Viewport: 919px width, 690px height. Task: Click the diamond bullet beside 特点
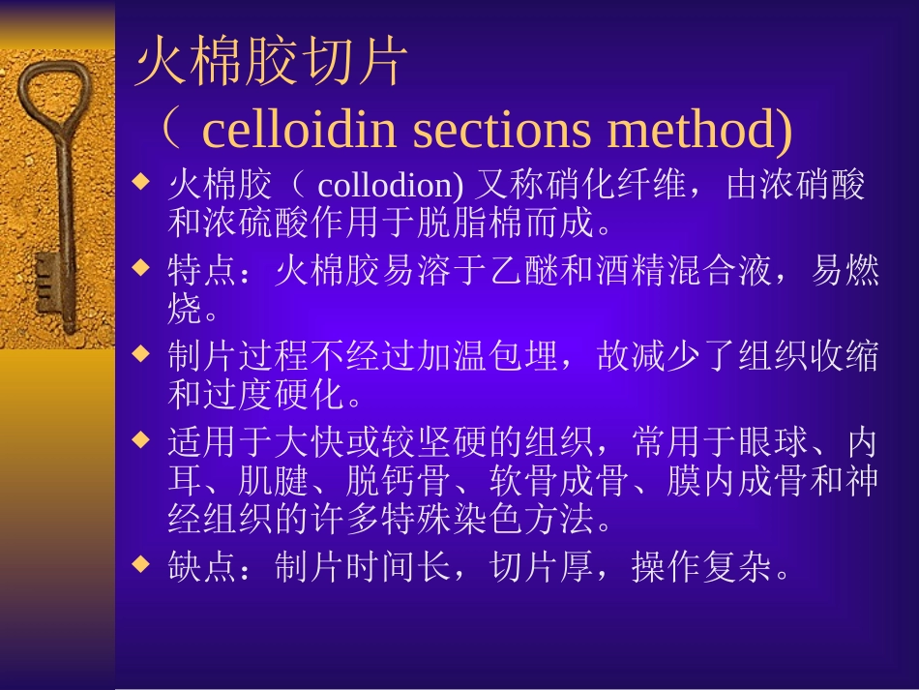142,267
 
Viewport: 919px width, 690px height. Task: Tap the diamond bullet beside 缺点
142,563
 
